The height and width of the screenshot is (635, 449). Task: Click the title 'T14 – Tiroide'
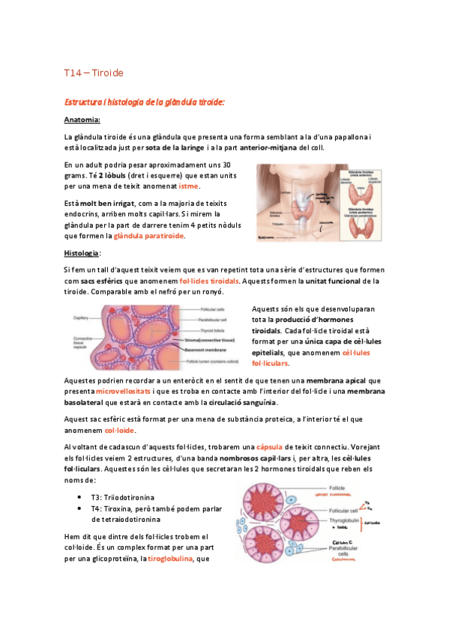(94, 73)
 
